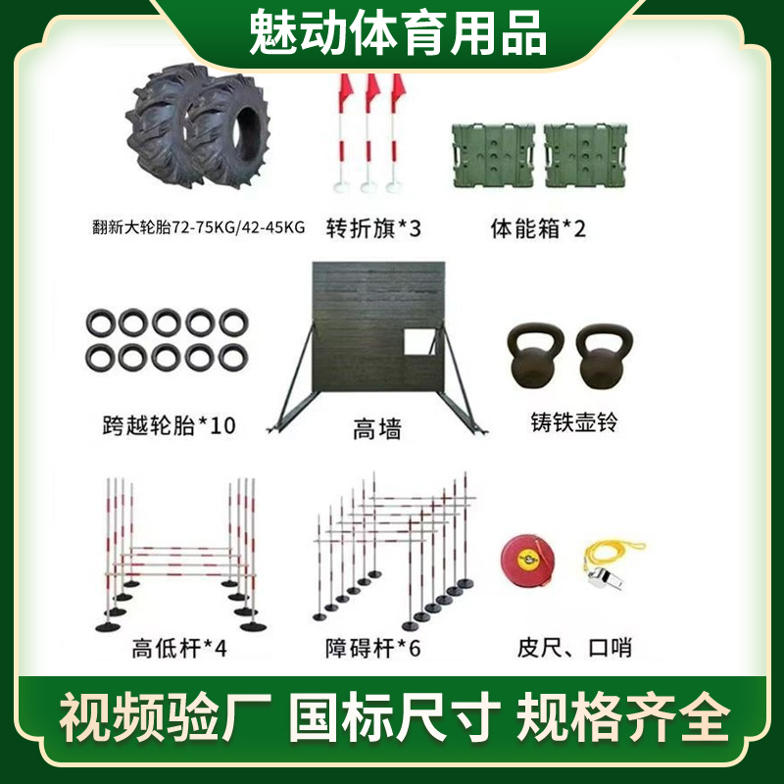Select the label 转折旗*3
372,228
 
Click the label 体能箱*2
537,228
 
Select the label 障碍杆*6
372,648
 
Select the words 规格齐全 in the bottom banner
623,720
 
